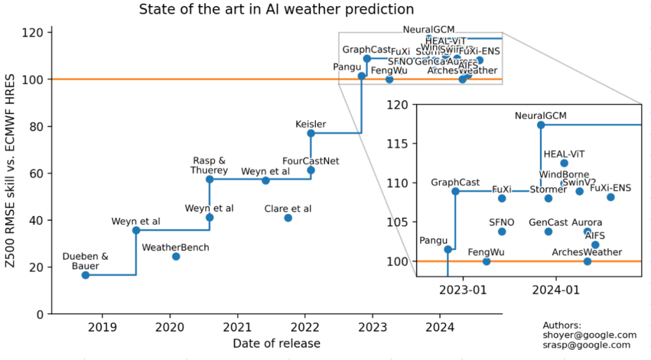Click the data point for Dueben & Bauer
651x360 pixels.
point(86,275)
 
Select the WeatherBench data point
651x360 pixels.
point(176,256)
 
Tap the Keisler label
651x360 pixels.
point(310,124)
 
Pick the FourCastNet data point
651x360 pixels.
point(311,170)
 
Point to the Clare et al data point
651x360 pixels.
point(288,218)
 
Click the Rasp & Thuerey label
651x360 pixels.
point(209,165)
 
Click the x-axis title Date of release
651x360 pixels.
point(277,344)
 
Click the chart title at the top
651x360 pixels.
point(277,10)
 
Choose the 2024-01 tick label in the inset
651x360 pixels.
point(555,289)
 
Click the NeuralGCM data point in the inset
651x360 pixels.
point(541,125)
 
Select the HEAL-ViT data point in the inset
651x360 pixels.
point(564,163)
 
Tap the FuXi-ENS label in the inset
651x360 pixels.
point(610,188)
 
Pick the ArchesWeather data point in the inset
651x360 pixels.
point(587,261)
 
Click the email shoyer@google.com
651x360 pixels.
point(590,335)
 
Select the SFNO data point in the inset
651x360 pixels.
point(502,232)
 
